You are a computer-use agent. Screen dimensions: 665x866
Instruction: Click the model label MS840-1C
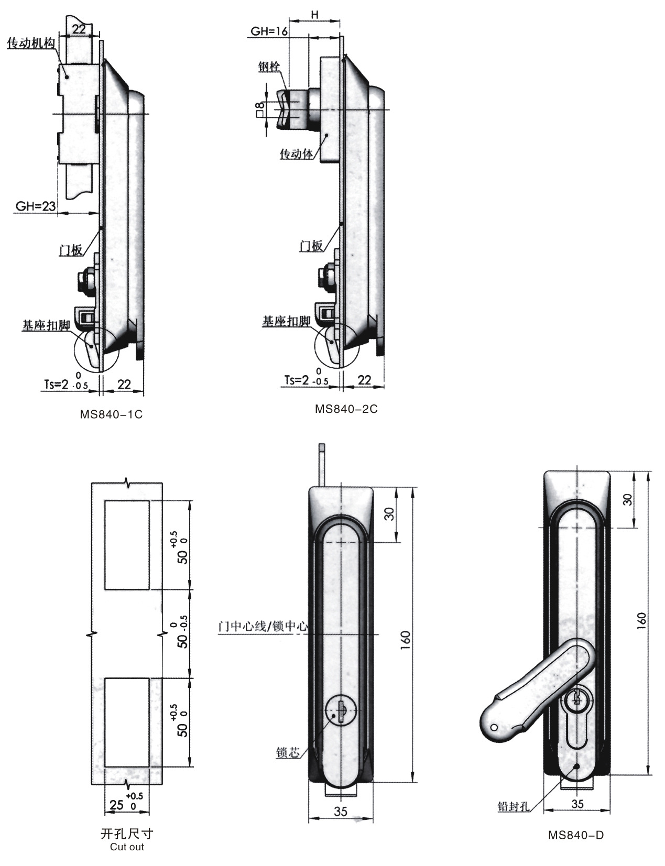pos(111,414)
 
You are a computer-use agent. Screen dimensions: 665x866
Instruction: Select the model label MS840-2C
pos(346,409)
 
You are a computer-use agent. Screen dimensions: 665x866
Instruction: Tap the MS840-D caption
pos(576,835)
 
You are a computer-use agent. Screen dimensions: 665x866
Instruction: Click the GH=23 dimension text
pos(36,206)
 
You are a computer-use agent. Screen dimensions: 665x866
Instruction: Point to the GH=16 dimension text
pos(269,31)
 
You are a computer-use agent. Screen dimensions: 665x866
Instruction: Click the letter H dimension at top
pos(315,15)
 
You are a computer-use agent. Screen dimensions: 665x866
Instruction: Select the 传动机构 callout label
pos(31,43)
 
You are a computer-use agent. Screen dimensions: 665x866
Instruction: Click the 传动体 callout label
pos(296,154)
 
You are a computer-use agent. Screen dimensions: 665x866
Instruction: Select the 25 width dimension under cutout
pos(116,805)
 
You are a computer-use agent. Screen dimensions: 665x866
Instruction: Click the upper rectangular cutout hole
pos(127,545)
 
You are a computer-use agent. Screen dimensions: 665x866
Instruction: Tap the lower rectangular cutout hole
pos(127,722)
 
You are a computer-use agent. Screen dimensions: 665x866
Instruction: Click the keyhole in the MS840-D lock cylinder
pos(576,697)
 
